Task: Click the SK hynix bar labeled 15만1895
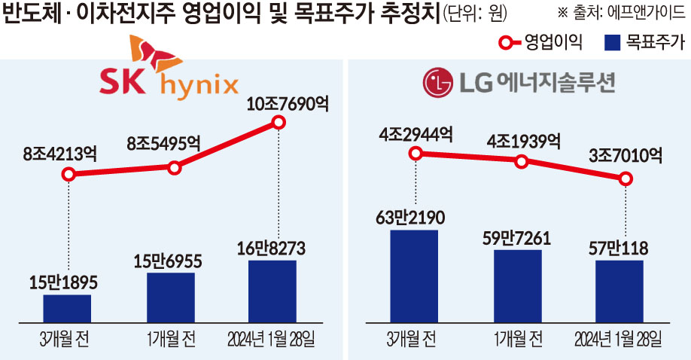tap(68, 308)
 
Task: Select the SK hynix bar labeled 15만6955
tap(171, 297)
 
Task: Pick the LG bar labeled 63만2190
tap(414, 276)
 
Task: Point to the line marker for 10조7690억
tap(279, 122)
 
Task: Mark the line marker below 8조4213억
tap(68, 175)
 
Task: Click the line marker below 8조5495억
tap(175, 167)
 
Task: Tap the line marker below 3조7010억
tap(624, 178)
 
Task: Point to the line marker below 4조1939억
tap(520, 161)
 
